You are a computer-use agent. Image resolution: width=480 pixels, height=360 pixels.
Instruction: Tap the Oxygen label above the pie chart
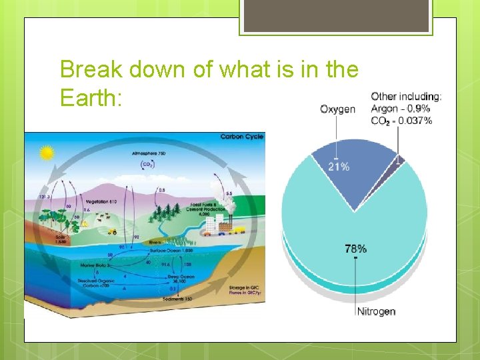pos(337,109)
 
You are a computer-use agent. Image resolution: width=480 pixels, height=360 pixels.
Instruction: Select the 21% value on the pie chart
pos(339,167)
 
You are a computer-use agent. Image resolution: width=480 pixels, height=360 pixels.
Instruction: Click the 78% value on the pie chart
pos(355,248)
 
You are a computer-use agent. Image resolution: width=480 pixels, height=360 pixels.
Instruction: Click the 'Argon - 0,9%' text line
pos(400,109)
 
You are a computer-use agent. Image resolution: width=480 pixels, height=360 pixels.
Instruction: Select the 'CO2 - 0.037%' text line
pos(401,121)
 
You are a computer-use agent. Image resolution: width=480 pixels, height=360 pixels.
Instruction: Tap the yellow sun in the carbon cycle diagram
pos(46,154)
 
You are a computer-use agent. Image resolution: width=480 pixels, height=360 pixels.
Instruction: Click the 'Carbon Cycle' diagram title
pos(242,137)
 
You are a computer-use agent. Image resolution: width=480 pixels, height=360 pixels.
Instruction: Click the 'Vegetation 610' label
pos(101,201)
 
